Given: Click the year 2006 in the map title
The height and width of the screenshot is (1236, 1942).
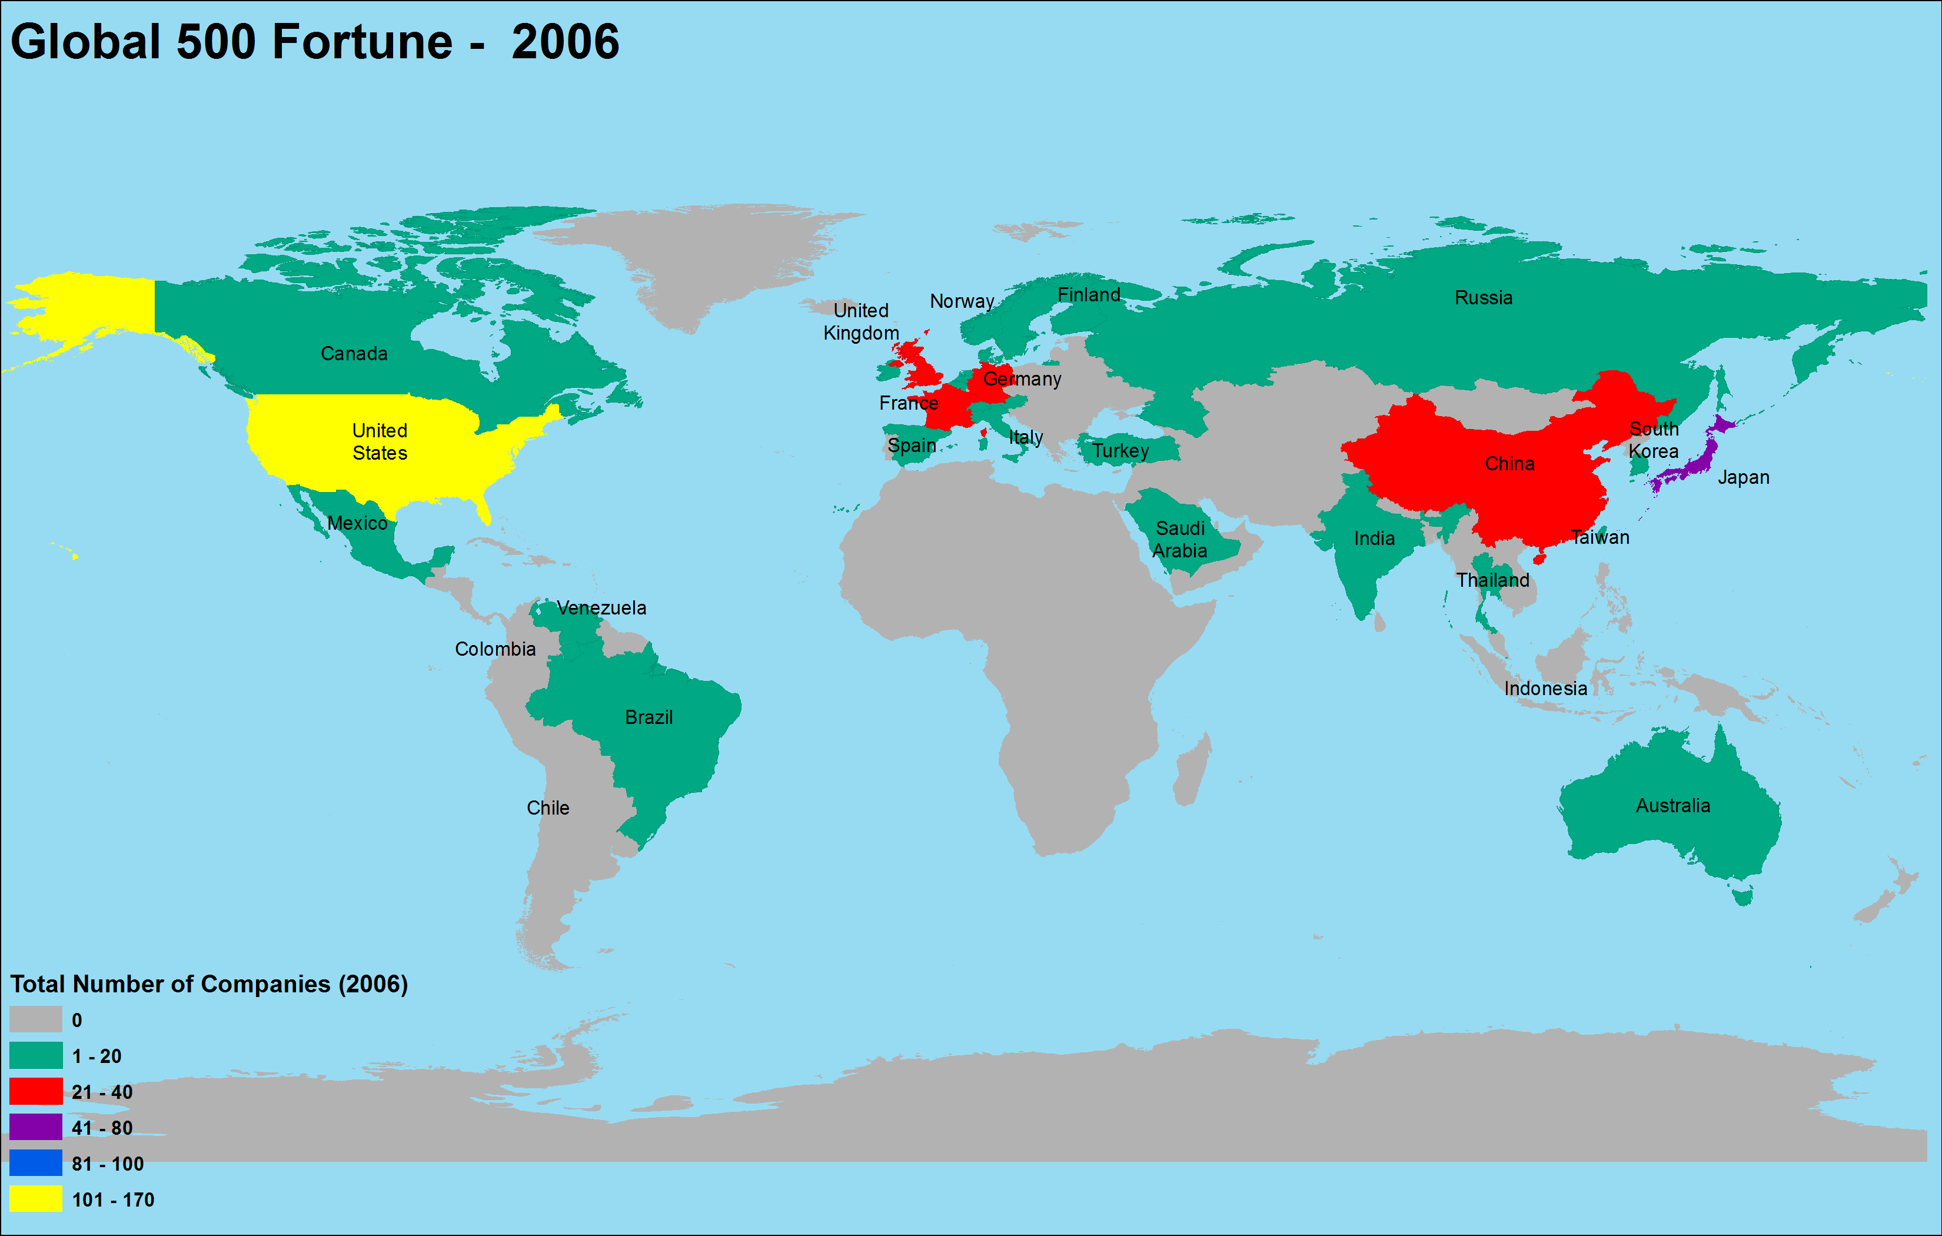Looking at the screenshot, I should pos(564,42).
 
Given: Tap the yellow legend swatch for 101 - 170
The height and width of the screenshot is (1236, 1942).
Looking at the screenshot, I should pos(35,1199).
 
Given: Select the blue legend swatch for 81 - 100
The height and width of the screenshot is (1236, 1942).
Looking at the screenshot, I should pos(35,1162).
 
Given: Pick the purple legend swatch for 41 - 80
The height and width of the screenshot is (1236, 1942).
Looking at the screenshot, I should pos(35,1127).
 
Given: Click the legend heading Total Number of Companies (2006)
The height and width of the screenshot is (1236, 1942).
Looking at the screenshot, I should pos(208,984).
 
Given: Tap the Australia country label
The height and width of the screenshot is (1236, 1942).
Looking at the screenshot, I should pos(1672,805).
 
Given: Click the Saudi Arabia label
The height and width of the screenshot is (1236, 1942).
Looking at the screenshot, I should pos(1180,540).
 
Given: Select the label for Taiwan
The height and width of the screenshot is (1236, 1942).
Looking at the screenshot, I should pos(1600,537).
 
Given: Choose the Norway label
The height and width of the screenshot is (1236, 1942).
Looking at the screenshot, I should pos(962,301).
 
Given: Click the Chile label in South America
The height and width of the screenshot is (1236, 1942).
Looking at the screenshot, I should pos(548,808).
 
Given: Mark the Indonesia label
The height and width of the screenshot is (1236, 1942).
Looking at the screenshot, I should pos(1545,688).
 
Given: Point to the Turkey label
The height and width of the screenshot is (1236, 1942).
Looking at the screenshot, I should pos(1120,450).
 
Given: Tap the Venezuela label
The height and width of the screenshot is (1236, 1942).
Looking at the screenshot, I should pos(601,607).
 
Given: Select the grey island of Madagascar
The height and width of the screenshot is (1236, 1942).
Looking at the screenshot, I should pos(1192,770).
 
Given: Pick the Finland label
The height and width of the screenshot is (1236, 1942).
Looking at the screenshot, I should pos(1089,294).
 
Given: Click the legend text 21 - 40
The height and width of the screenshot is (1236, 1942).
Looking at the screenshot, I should pos(102,1092).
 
